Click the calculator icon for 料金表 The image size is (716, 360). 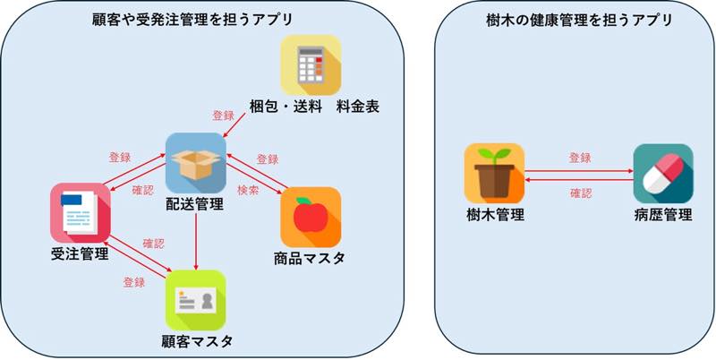(x=311, y=65)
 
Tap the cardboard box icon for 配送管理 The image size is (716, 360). (x=195, y=163)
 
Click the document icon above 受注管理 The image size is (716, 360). (x=80, y=212)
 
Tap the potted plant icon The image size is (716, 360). (x=494, y=173)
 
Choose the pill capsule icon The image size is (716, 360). (x=662, y=173)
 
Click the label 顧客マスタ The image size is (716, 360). (x=197, y=341)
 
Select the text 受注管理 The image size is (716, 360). (x=80, y=254)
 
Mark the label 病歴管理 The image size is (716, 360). (x=662, y=215)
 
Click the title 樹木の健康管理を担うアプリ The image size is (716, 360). (x=573, y=19)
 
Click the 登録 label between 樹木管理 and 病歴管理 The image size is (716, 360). (x=580, y=158)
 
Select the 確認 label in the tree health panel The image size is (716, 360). (x=580, y=192)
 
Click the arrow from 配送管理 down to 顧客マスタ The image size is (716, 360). (x=195, y=242)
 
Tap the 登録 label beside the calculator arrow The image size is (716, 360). (x=223, y=116)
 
